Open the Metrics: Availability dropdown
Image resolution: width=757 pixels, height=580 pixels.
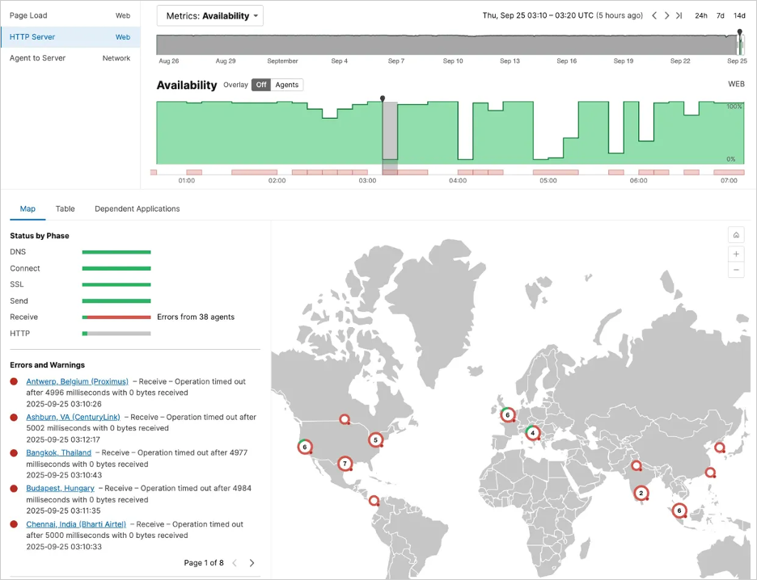[210, 15]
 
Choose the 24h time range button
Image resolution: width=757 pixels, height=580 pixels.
[700, 15]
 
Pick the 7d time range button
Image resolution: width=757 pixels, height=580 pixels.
[720, 15]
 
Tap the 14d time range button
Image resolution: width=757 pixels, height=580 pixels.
[739, 15]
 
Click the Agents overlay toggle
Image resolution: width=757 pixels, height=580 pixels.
[286, 85]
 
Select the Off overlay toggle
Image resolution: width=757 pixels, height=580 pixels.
[260, 85]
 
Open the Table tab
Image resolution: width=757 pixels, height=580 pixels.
[65, 208]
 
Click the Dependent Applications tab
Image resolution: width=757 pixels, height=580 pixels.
[137, 208]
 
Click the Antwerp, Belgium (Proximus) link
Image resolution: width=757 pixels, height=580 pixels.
[77, 381]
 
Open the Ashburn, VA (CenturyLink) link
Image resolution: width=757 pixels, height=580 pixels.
[73, 417]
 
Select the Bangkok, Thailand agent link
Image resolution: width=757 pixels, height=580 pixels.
[58, 452]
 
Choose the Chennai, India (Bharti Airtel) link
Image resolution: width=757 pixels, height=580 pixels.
[76, 524]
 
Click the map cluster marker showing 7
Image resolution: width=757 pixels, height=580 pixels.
[345, 464]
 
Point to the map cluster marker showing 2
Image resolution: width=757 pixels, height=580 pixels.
[641, 493]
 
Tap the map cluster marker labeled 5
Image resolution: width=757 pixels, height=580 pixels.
[375, 440]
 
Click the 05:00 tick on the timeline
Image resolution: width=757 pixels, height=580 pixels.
[548, 181]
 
